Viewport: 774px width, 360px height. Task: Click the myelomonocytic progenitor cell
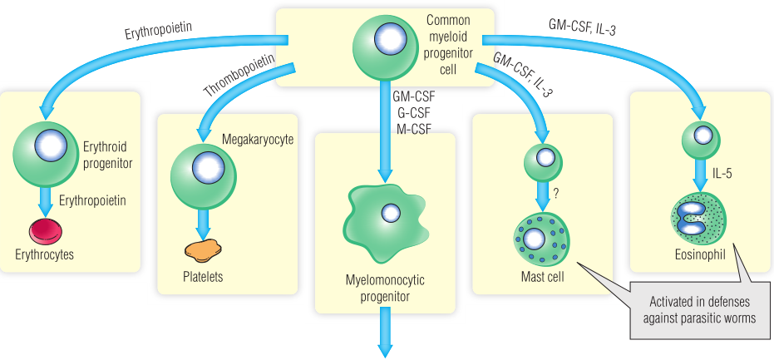[x=385, y=216]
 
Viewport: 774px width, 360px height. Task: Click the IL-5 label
[x=722, y=173]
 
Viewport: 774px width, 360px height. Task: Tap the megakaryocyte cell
[x=202, y=169]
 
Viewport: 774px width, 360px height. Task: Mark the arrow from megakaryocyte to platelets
[x=202, y=221]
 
